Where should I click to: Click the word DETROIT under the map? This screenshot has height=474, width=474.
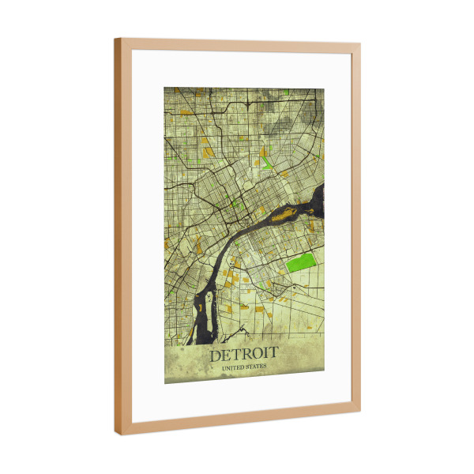click(x=243, y=355)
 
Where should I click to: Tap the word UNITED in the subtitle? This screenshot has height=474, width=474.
click(x=233, y=367)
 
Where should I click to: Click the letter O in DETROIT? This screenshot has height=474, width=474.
click(x=258, y=355)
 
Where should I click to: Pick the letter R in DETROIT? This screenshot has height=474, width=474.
click(x=247, y=355)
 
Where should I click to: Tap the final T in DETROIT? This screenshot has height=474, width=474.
click(x=273, y=355)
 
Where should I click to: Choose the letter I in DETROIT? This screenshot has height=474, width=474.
click(x=266, y=355)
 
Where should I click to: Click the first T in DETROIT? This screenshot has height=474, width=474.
click(x=236, y=355)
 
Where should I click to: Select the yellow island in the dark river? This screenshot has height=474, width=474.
click(x=283, y=213)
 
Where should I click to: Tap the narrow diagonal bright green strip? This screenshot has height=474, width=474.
click(x=266, y=166)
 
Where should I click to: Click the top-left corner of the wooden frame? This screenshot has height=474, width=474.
click(x=115, y=39)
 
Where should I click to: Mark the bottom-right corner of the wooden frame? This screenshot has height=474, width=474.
click(x=360, y=412)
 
